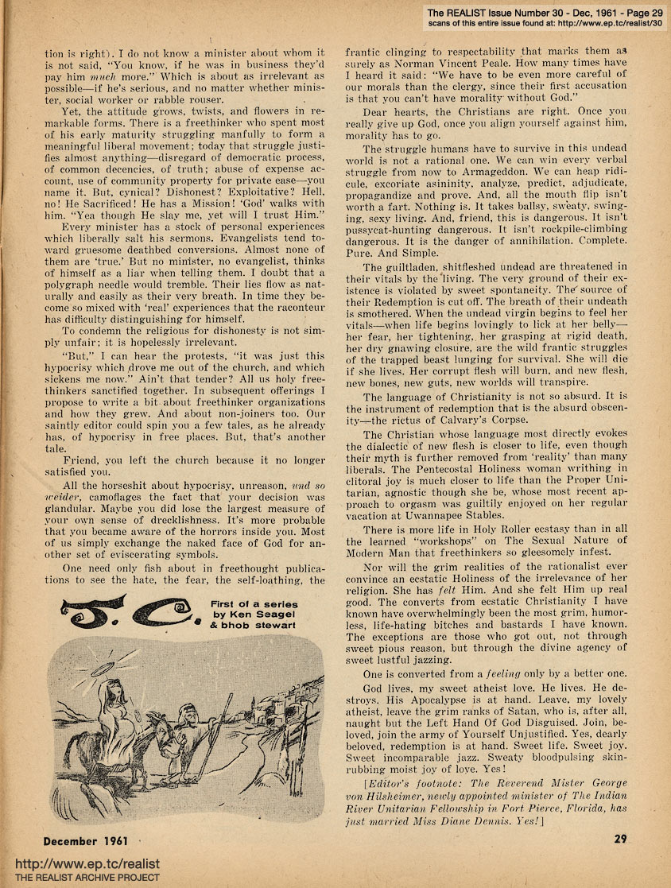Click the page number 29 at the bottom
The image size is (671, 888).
[621, 839]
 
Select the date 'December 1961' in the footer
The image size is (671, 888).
[86, 841]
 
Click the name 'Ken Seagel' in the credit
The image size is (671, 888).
[260, 615]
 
